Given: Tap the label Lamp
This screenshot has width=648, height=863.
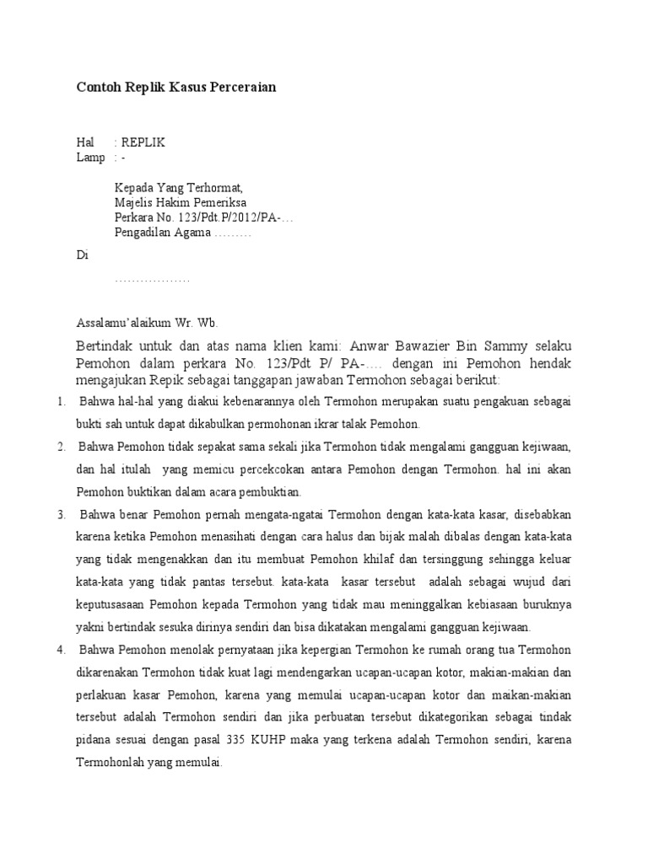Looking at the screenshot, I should (x=90, y=158).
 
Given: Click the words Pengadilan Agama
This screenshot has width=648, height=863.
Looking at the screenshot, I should (x=163, y=233).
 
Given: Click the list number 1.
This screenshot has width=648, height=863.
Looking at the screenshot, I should (x=62, y=402).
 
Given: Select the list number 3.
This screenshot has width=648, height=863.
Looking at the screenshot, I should (x=62, y=514).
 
